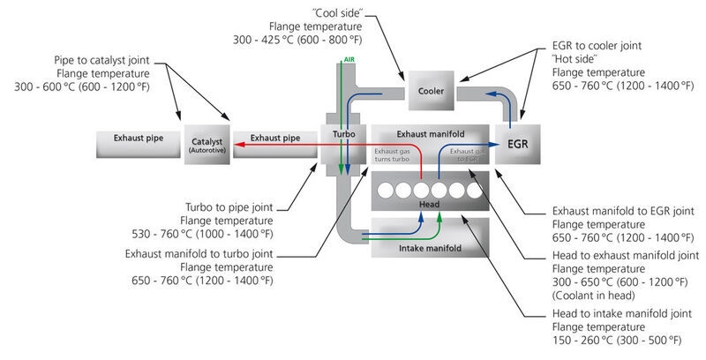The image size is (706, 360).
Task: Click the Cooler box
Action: tap(431, 91)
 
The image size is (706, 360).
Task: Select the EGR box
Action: tap(518, 145)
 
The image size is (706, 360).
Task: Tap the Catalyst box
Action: tap(207, 145)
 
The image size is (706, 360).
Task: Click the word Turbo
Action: tap(344, 134)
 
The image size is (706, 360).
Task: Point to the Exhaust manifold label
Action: tap(431, 134)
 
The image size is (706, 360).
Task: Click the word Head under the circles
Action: tap(429, 205)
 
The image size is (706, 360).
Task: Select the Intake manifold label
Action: tap(430, 248)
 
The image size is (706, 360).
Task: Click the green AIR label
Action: tap(349, 59)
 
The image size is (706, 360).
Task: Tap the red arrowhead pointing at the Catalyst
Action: tap(239, 145)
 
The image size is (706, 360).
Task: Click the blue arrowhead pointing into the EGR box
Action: tap(494, 145)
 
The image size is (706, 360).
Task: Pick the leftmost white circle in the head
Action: tap(386, 191)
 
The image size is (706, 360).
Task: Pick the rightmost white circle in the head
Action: tap(474, 191)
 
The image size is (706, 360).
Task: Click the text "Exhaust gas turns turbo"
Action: tap(392, 155)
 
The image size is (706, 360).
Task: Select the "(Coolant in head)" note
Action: tap(593, 296)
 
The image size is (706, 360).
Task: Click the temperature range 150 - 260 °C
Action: tap(582, 340)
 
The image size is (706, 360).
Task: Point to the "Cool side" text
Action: tap(337, 13)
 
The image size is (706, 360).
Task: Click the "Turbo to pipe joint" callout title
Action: tap(229, 207)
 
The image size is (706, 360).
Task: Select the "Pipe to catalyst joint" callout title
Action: tap(101, 60)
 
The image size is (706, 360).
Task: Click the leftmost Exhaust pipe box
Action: tap(139, 145)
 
